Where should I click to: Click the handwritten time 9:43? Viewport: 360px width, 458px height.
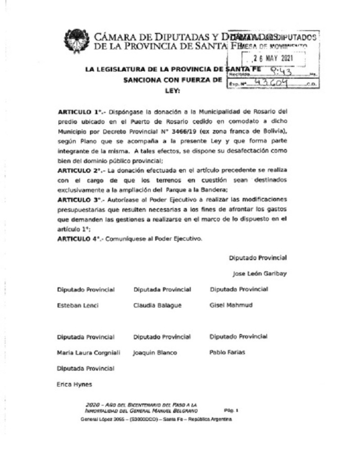pos(281,71)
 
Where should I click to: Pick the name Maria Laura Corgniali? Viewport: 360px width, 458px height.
pos(89,353)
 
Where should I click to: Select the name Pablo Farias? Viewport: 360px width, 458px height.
pos(227,352)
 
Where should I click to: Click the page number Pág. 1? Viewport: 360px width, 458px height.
pos(231,410)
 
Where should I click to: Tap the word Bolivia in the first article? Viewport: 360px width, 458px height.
pos(274,130)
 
